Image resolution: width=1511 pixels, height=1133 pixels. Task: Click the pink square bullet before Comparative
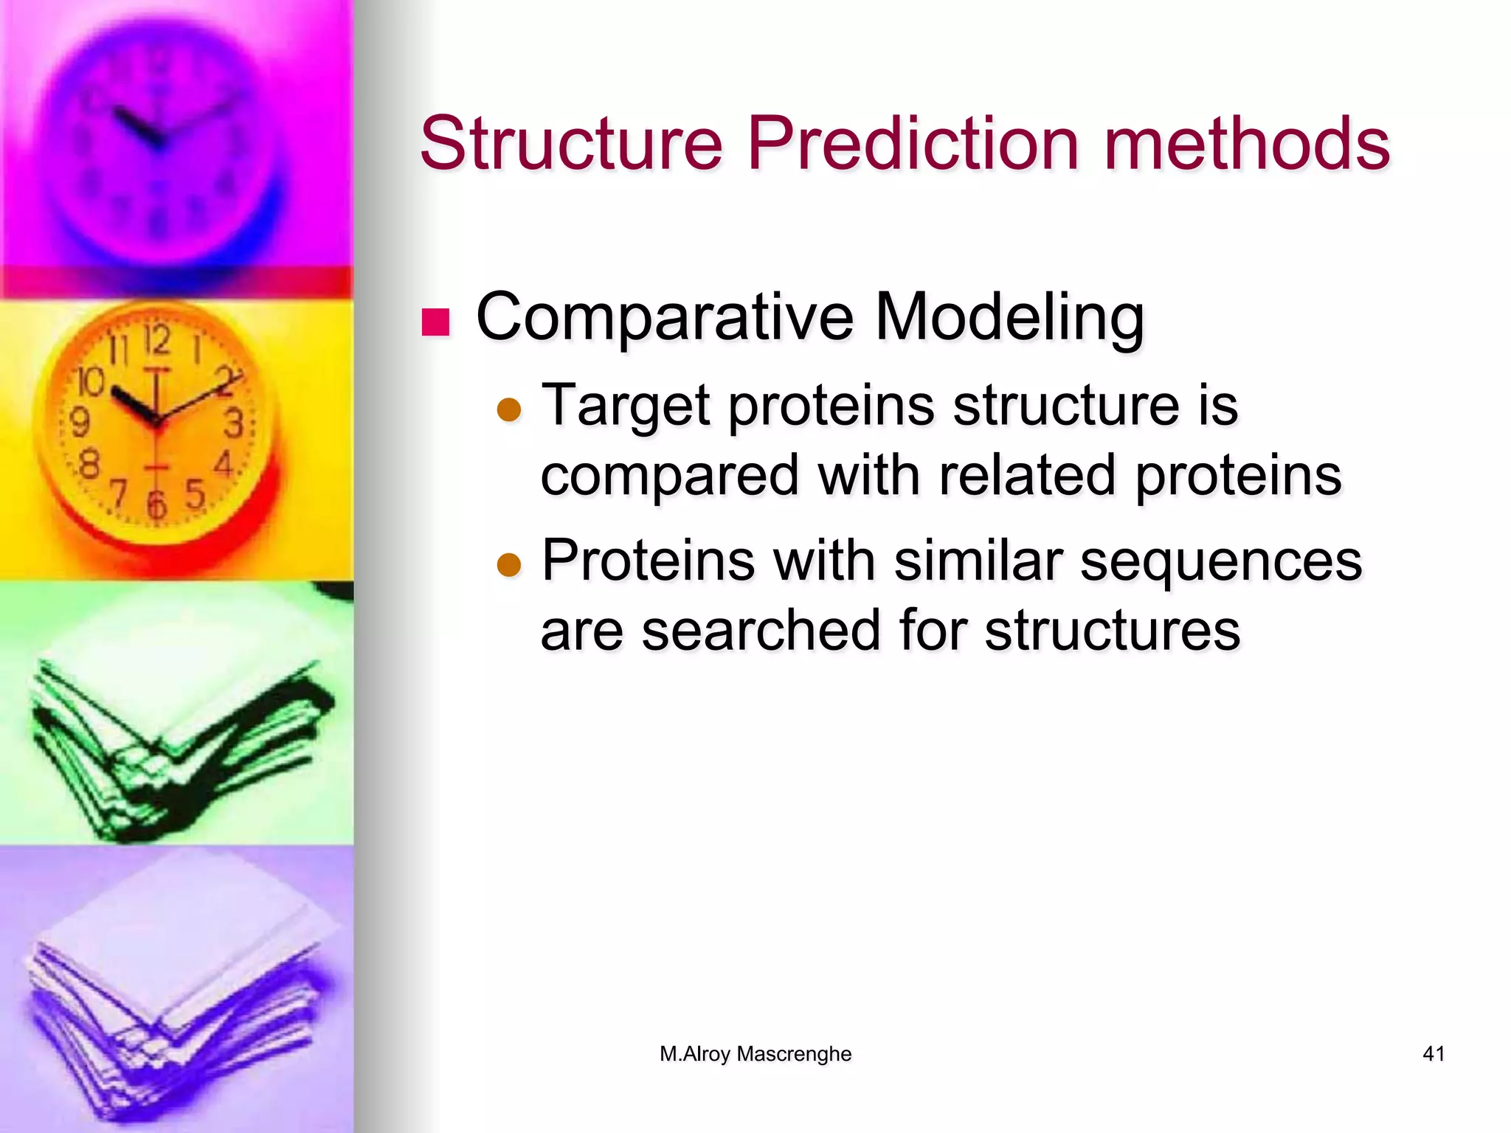435,322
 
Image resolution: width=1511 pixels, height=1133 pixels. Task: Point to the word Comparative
665,317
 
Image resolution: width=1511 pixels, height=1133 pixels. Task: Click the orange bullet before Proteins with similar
509,565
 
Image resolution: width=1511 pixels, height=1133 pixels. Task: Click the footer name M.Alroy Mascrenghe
755,1054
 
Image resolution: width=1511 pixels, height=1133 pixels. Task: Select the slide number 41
1434,1054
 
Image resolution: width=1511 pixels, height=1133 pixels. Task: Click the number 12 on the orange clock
156,341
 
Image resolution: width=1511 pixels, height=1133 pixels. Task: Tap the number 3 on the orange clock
234,423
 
